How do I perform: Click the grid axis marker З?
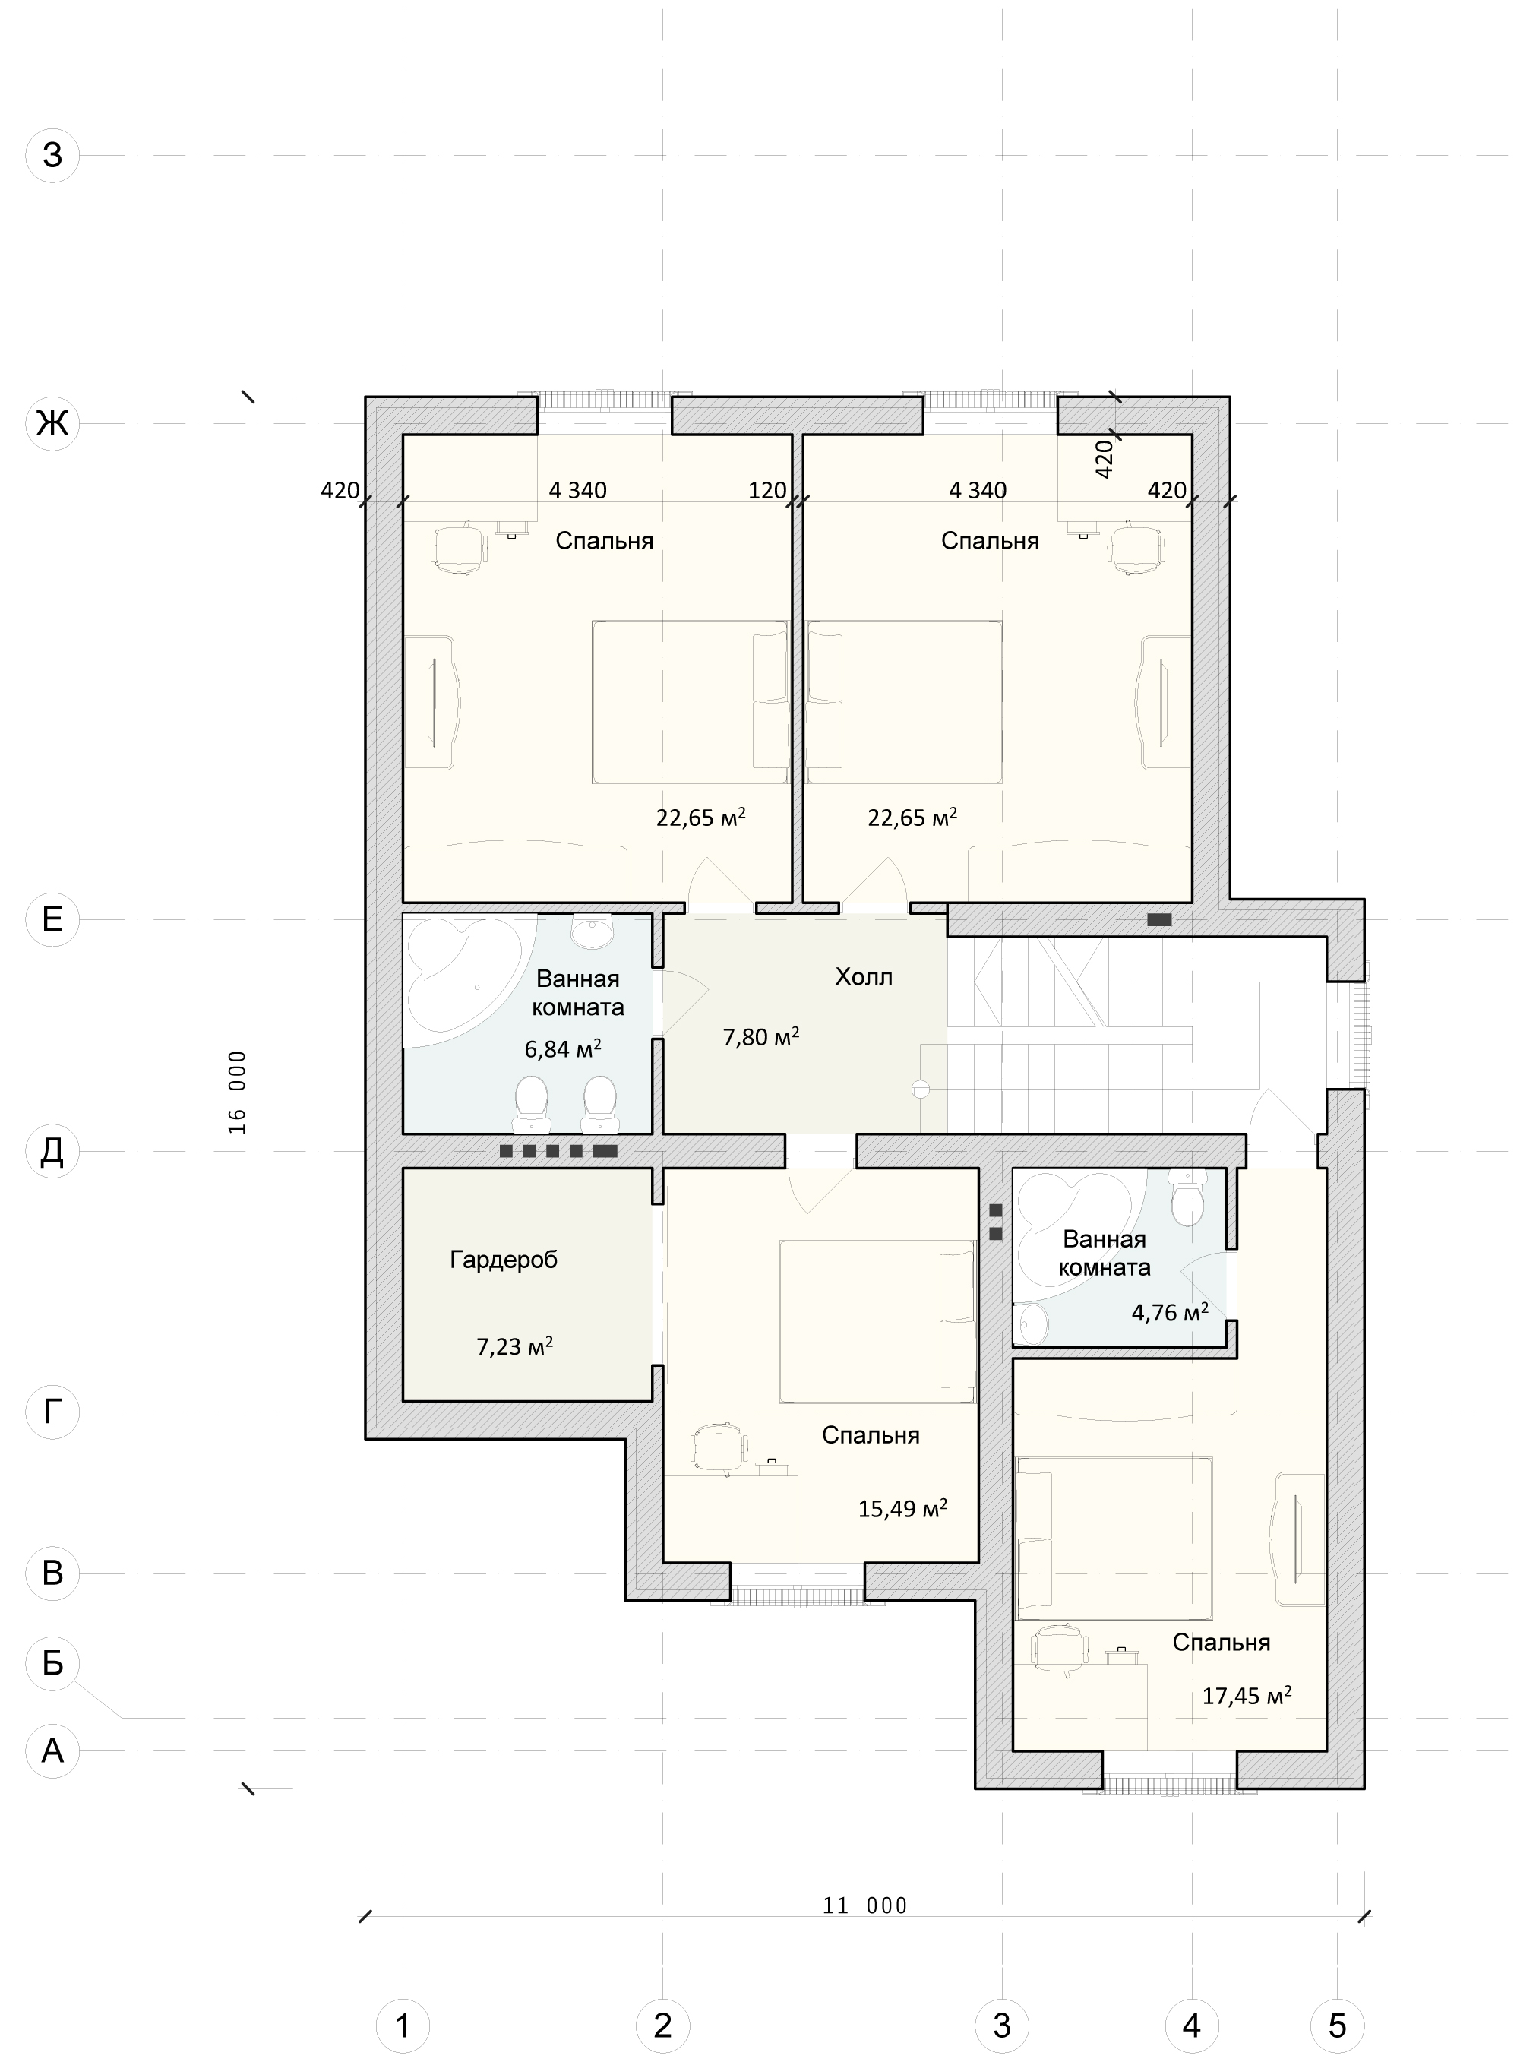click(x=52, y=155)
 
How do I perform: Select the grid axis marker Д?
click(x=52, y=1151)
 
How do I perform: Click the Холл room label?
click(x=863, y=976)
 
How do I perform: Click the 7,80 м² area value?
click(x=760, y=1037)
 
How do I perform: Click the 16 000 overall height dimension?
click(x=238, y=1092)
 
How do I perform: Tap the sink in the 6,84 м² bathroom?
click(x=593, y=931)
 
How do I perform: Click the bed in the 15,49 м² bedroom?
click(x=877, y=1322)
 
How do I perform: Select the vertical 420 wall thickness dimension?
click(x=1105, y=457)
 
